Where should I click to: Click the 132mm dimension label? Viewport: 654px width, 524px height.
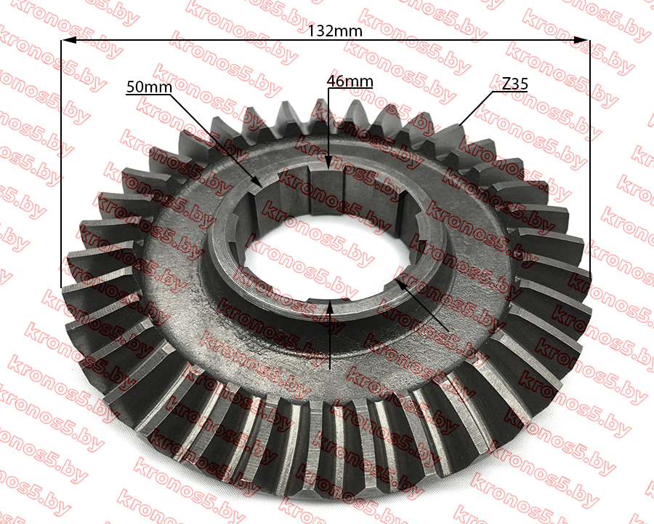334,31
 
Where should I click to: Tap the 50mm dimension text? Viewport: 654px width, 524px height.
149,87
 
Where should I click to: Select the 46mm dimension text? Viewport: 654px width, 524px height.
350,81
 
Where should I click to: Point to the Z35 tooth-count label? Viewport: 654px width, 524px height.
514,84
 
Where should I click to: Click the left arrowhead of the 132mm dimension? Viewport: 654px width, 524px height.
69,41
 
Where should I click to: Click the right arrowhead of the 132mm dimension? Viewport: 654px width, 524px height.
581,40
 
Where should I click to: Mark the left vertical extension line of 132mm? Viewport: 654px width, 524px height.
61,164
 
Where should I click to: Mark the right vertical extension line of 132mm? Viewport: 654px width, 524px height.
589,156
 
